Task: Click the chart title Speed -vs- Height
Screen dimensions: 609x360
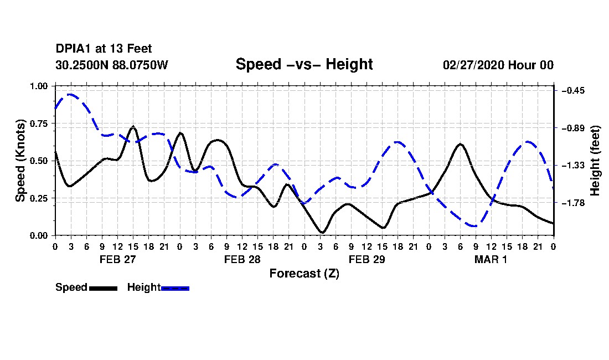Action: coord(304,64)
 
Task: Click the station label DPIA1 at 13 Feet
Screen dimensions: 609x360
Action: coord(104,49)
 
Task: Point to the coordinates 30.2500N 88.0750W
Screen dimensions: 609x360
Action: coord(112,65)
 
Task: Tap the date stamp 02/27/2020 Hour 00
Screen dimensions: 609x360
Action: coord(498,65)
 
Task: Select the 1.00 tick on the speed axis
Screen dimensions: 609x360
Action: coord(39,86)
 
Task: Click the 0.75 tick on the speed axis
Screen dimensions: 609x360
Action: coord(39,124)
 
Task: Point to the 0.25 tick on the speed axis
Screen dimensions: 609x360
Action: coord(39,198)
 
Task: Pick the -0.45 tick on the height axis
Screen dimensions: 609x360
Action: coord(573,90)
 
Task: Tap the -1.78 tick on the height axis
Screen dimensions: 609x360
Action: coord(573,203)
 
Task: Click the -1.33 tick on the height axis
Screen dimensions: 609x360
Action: coord(573,166)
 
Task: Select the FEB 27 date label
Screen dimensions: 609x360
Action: coord(118,259)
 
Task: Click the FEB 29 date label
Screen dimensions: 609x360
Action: coord(367,259)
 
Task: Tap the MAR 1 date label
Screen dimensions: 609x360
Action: coord(491,259)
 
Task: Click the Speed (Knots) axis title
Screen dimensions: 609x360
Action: coord(20,161)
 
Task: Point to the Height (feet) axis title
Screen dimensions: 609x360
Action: coord(595,161)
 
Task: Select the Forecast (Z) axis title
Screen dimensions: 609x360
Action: coord(304,274)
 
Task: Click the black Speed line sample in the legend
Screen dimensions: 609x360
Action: coord(104,288)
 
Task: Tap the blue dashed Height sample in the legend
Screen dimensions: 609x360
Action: coord(175,288)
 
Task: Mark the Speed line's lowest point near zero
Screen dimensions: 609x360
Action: coord(322,233)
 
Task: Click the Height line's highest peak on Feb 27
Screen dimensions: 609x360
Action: coord(70,94)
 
